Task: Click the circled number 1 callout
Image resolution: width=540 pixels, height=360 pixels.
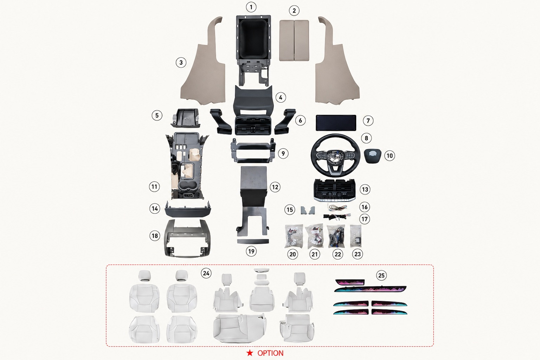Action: pyautogui.click(x=251, y=7)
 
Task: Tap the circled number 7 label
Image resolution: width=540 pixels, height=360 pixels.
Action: pyautogui.click(x=368, y=121)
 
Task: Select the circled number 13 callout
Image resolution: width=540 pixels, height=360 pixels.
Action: pyautogui.click(x=365, y=189)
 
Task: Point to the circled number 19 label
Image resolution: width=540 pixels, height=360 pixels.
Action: pyautogui.click(x=251, y=251)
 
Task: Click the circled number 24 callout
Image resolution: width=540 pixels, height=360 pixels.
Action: pyautogui.click(x=206, y=273)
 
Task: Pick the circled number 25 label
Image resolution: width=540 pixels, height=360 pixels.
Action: pyautogui.click(x=381, y=275)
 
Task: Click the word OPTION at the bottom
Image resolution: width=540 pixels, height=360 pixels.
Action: pyautogui.click(x=270, y=353)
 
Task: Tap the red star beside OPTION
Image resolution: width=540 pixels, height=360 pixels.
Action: pyautogui.click(x=250, y=353)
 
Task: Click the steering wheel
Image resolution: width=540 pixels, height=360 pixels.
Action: pyautogui.click(x=335, y=155)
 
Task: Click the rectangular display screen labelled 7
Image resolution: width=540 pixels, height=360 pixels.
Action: pyautogui.click(x=336, y=123)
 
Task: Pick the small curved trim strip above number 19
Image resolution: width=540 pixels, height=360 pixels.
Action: pyautogui.click(x=253, y=241)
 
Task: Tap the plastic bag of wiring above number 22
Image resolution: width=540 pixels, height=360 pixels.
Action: pyautogui.click(x=336, y=236)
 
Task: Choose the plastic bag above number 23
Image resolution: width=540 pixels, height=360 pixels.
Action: pyautogui.click(x=356, y=236)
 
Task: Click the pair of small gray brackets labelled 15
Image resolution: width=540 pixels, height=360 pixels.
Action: pyautogui.click(x=308, y=210)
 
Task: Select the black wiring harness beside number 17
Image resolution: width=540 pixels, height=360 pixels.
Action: pyautogui.click(x=337, y=217)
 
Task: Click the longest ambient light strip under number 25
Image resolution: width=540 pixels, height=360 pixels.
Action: pyautogui.click(x=371, y=289)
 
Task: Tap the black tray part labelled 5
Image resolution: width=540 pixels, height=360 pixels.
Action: pyautogui.click(x=185, y=118)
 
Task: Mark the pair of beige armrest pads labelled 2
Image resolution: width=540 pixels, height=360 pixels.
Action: pyautogui.click(x=294, y=40)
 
